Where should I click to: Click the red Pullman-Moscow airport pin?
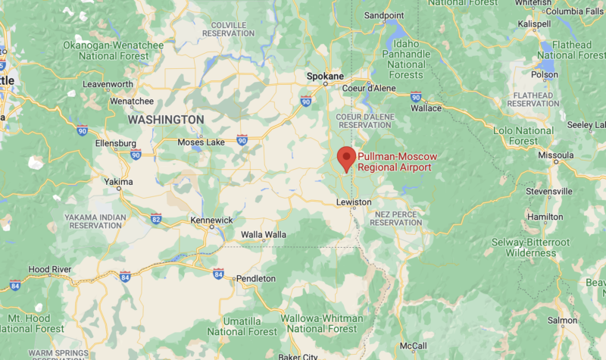tap(346, 158)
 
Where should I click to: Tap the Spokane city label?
tap(325, 77)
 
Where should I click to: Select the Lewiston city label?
tap(354, 202)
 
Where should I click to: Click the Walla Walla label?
tap(263, 235)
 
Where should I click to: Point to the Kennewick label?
tap(211, 220)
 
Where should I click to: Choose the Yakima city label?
tap(118, 182)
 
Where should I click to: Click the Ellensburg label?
tap(116, 143)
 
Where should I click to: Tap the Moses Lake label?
tap(201, 142)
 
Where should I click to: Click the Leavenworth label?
tap(108, 83)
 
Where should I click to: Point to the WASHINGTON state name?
tap(166, 120)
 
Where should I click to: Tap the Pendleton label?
tap(255, 279)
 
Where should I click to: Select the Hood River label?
tap(49, 269)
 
